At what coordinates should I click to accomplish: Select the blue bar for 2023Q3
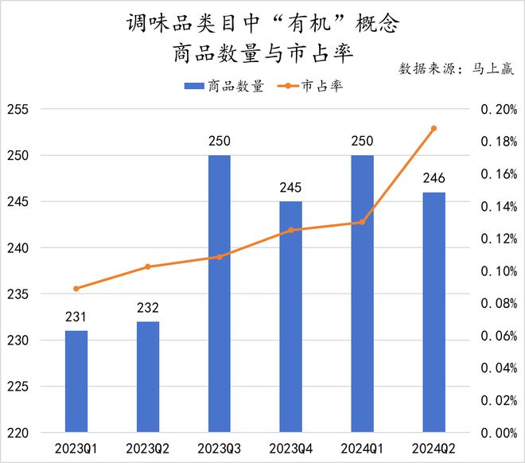click(219, 294)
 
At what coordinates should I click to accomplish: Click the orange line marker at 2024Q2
click(434, 128)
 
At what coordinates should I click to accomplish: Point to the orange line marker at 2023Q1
click(76, 288)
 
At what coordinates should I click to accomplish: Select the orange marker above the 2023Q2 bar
click(147, 267)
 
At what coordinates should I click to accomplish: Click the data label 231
click(76, 317)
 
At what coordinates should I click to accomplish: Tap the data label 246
click(434, 178)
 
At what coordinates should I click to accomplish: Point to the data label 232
click(147, 308)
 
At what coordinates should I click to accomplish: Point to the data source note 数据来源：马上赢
click(456, 68)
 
